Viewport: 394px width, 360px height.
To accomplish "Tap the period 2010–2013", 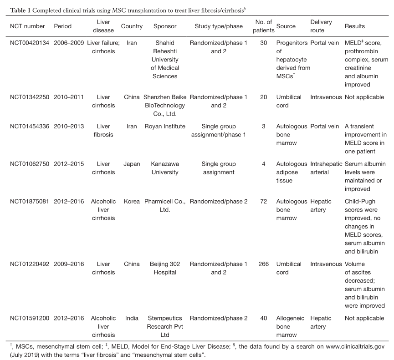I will [x=69, y=126].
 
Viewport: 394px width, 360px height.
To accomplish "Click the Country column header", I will [x=132, y=26].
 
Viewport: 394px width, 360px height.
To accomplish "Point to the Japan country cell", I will [x=132, y=164].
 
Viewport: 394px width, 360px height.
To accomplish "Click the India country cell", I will [x=132, y=318].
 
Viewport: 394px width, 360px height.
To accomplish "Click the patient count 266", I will [x=263, y=264].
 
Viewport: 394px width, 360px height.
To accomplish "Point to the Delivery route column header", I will [x=321, y=26].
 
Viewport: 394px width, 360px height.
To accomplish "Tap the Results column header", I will [x=355, y=26].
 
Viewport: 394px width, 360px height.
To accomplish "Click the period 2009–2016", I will [x=69, y=264].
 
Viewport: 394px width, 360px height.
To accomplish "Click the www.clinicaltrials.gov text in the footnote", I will [x=351, y=346].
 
